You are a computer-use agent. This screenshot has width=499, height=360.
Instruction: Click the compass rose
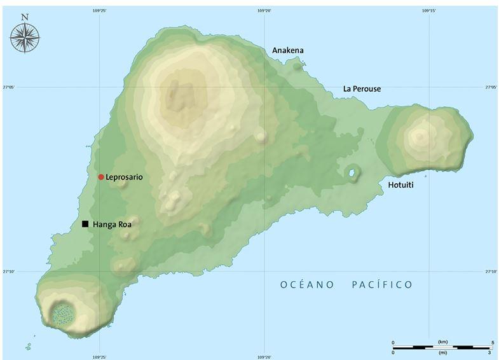click(x=25, y=38)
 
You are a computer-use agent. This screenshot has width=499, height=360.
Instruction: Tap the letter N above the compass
click(x=25, y=17)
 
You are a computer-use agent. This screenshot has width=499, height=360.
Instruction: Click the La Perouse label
click(x=362, y=89)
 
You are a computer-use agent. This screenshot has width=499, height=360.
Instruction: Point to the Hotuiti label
click(x=402, y=185)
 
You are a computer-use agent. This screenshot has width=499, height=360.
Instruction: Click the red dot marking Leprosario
click(x=100, y=177)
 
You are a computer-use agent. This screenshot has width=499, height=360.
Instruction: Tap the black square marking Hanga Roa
click(x=85, y=224)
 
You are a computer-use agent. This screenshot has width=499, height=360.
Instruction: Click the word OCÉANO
click(x=307, y=285)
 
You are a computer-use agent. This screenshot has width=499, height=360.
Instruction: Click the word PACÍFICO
click(x=381, y=285)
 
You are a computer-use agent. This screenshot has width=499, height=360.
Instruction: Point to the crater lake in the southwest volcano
click(x=62, y=313)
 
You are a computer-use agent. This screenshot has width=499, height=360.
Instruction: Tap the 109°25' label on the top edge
click(x=99, y=10)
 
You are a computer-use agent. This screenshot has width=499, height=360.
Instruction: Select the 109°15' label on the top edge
click(x=429, y=10)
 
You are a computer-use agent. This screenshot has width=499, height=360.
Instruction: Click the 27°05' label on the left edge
click(x=8, y=87)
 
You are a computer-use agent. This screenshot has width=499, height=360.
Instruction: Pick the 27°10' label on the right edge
click(x=490, y=272)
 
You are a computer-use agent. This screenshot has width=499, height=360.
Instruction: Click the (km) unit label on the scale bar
click(x=443, y=342)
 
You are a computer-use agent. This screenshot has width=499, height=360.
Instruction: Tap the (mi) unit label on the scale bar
click(x=443, y=352)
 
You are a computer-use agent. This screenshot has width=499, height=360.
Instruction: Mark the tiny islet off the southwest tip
click(x=29, y=347)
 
